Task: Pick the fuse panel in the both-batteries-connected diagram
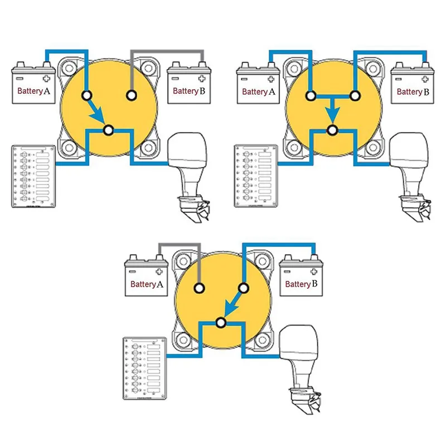(x=256, y=176)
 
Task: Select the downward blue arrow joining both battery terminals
(x=332, y=110)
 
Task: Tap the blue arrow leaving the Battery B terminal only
(x=232, y=303)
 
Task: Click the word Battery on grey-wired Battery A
(x=142, y=284)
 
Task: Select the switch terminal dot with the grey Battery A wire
(x=198, y=288)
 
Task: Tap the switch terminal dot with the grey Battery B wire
(x=131, y=96)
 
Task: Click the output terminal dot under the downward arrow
(x=332, y=130)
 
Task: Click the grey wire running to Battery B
(x=167, y=52)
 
